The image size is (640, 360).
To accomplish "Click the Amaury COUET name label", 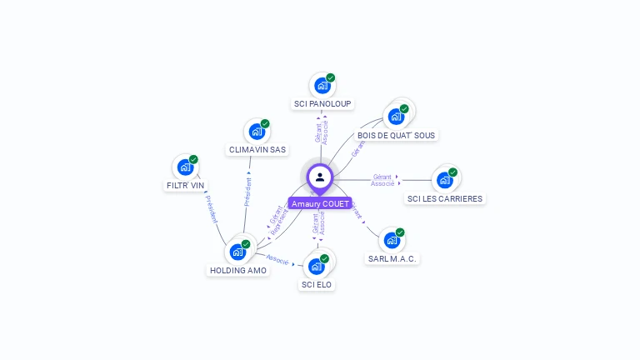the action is pos(320,203).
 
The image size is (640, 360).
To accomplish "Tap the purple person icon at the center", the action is pos(320,177).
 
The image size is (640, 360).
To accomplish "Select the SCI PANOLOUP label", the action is pos(322,104).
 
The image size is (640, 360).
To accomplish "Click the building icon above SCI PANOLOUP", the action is pos(322,85).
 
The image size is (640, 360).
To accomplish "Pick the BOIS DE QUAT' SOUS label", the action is pos(396,135).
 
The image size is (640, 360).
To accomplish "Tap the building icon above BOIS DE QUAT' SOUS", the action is pos(397,116).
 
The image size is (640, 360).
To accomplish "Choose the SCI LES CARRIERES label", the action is pos(445,198).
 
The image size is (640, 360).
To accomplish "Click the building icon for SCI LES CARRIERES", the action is pos(445,179).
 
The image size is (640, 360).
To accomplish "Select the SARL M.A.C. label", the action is pos(392,258).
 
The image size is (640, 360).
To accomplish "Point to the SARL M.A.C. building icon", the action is pos(392,240).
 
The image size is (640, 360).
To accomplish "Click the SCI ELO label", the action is pos(316,284).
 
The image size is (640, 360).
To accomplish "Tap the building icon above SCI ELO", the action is pos(316,266).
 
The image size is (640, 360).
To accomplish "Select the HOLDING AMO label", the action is pos(238,270).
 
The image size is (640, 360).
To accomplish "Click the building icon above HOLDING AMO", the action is pos(238,251).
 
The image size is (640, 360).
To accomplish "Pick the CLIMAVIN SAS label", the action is pos(257,150).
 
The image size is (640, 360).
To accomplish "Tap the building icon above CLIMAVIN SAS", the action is pos(257,131).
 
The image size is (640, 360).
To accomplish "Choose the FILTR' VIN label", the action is pos(185,186).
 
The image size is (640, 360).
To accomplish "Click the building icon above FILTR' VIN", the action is pos(185,167).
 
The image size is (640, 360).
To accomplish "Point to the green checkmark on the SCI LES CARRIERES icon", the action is pos(452,172).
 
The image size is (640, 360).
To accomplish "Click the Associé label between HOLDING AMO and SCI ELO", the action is pos(277,260).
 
